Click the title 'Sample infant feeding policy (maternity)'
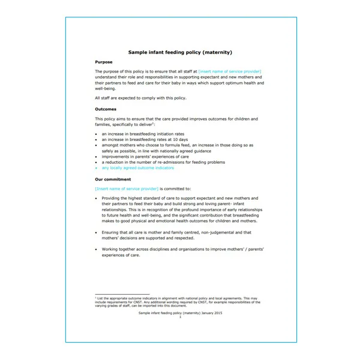(x=180, y=52)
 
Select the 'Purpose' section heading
(x=104, y=62)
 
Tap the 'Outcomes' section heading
(x=106, y=109)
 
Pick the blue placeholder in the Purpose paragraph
(x=230, y=71)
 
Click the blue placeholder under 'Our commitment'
(x=127, y=188)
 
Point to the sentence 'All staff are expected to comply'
(x=140, y=98)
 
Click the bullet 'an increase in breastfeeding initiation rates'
(x=143, y=134)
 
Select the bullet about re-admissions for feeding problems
(x=163, y=162)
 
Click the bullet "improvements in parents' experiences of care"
(x=146, y=157)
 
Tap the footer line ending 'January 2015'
(x=180, y=313)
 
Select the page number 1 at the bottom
(x=180, y=317)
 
